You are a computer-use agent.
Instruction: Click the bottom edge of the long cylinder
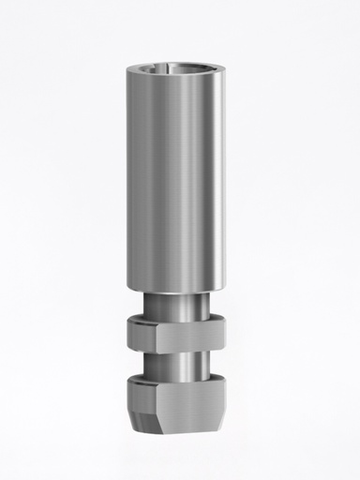(x=178, y=291)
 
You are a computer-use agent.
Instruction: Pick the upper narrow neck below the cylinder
(x=178, y=304)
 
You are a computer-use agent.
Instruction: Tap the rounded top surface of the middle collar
(x=178, y=319)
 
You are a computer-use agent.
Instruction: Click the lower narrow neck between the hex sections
(x=178, y=361)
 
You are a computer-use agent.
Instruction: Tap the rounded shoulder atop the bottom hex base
(x=178, y=379)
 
